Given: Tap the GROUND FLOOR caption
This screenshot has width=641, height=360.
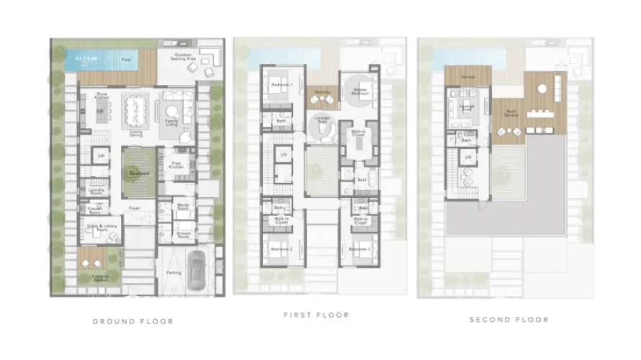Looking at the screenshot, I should [133, 321].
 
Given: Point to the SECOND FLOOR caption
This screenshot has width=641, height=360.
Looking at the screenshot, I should [508, 319].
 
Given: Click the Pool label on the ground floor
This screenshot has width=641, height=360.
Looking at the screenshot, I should [126, 59].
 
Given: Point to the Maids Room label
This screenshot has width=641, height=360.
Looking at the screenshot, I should [182, 208].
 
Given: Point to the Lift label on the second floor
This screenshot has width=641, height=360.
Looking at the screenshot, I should [468, 156].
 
